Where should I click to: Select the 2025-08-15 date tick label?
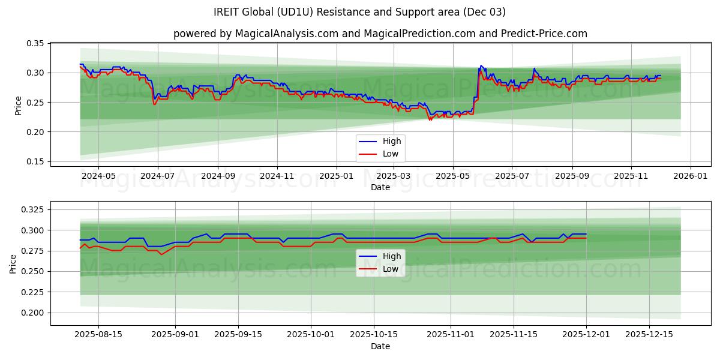coord(98,334)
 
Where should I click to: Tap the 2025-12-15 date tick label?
coord(649,334)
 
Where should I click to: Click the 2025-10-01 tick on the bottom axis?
coord(311,334)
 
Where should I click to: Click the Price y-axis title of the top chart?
coord(18,105)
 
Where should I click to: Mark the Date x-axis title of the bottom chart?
coord(380,346)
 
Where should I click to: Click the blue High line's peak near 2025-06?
coord(481,65)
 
